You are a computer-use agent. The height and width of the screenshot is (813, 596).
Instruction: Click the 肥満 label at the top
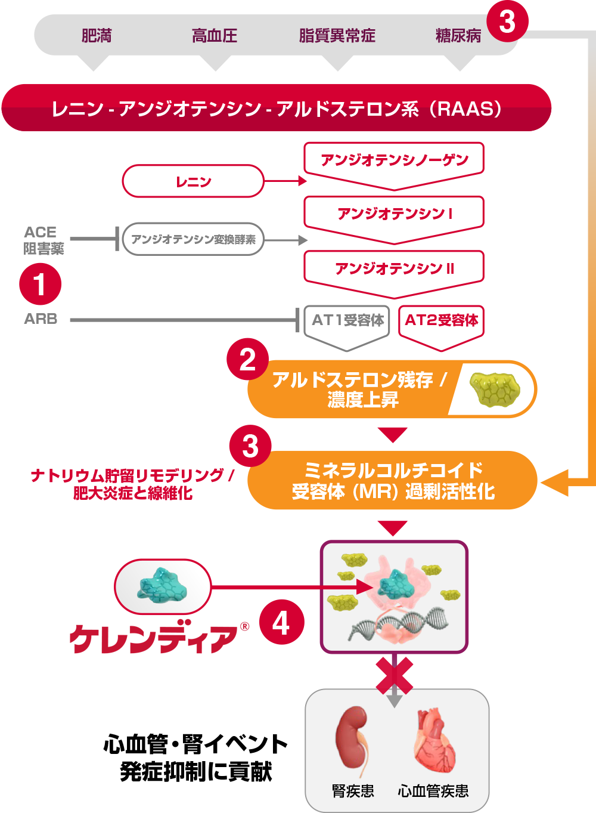(97, 36)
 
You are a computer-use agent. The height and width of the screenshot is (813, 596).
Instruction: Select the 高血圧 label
(215, 36)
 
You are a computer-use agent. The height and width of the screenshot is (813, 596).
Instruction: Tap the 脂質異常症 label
(337, 36)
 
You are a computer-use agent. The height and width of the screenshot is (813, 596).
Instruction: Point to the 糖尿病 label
(458, 36)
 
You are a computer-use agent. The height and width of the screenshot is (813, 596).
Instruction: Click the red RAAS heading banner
(277, 109)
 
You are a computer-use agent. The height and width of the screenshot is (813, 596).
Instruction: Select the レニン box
(193, 181)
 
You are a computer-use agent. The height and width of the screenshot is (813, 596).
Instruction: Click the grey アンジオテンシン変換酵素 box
(193, 240)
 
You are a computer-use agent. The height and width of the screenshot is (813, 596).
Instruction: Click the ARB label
(41, 319)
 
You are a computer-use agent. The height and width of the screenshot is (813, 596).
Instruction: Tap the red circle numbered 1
(40, 284)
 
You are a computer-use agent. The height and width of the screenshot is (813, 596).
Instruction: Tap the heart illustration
(434, 741)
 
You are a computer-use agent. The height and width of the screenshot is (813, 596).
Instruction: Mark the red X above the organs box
(395, 675)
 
